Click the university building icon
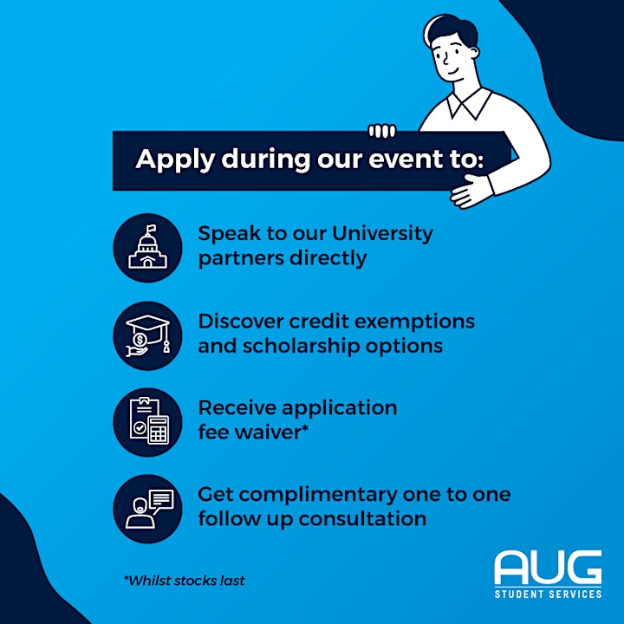tap(147, 247)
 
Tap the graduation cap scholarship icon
tap(148, 335)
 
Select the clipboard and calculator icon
tap(149, 421)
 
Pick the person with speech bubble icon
tap(150, 509)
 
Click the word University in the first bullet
tap(382, 233)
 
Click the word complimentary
tap(318, 496)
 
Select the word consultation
tap(362, 519)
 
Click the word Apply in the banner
tap(175, 160)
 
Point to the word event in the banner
tap(406, 159)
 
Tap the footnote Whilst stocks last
tap(185, 581)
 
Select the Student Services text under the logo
tap(548, 595)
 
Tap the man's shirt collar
tap(470, 103)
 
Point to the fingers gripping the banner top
tap(382, 131)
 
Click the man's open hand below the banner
tap(472, 192)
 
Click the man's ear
tap(474, 54)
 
